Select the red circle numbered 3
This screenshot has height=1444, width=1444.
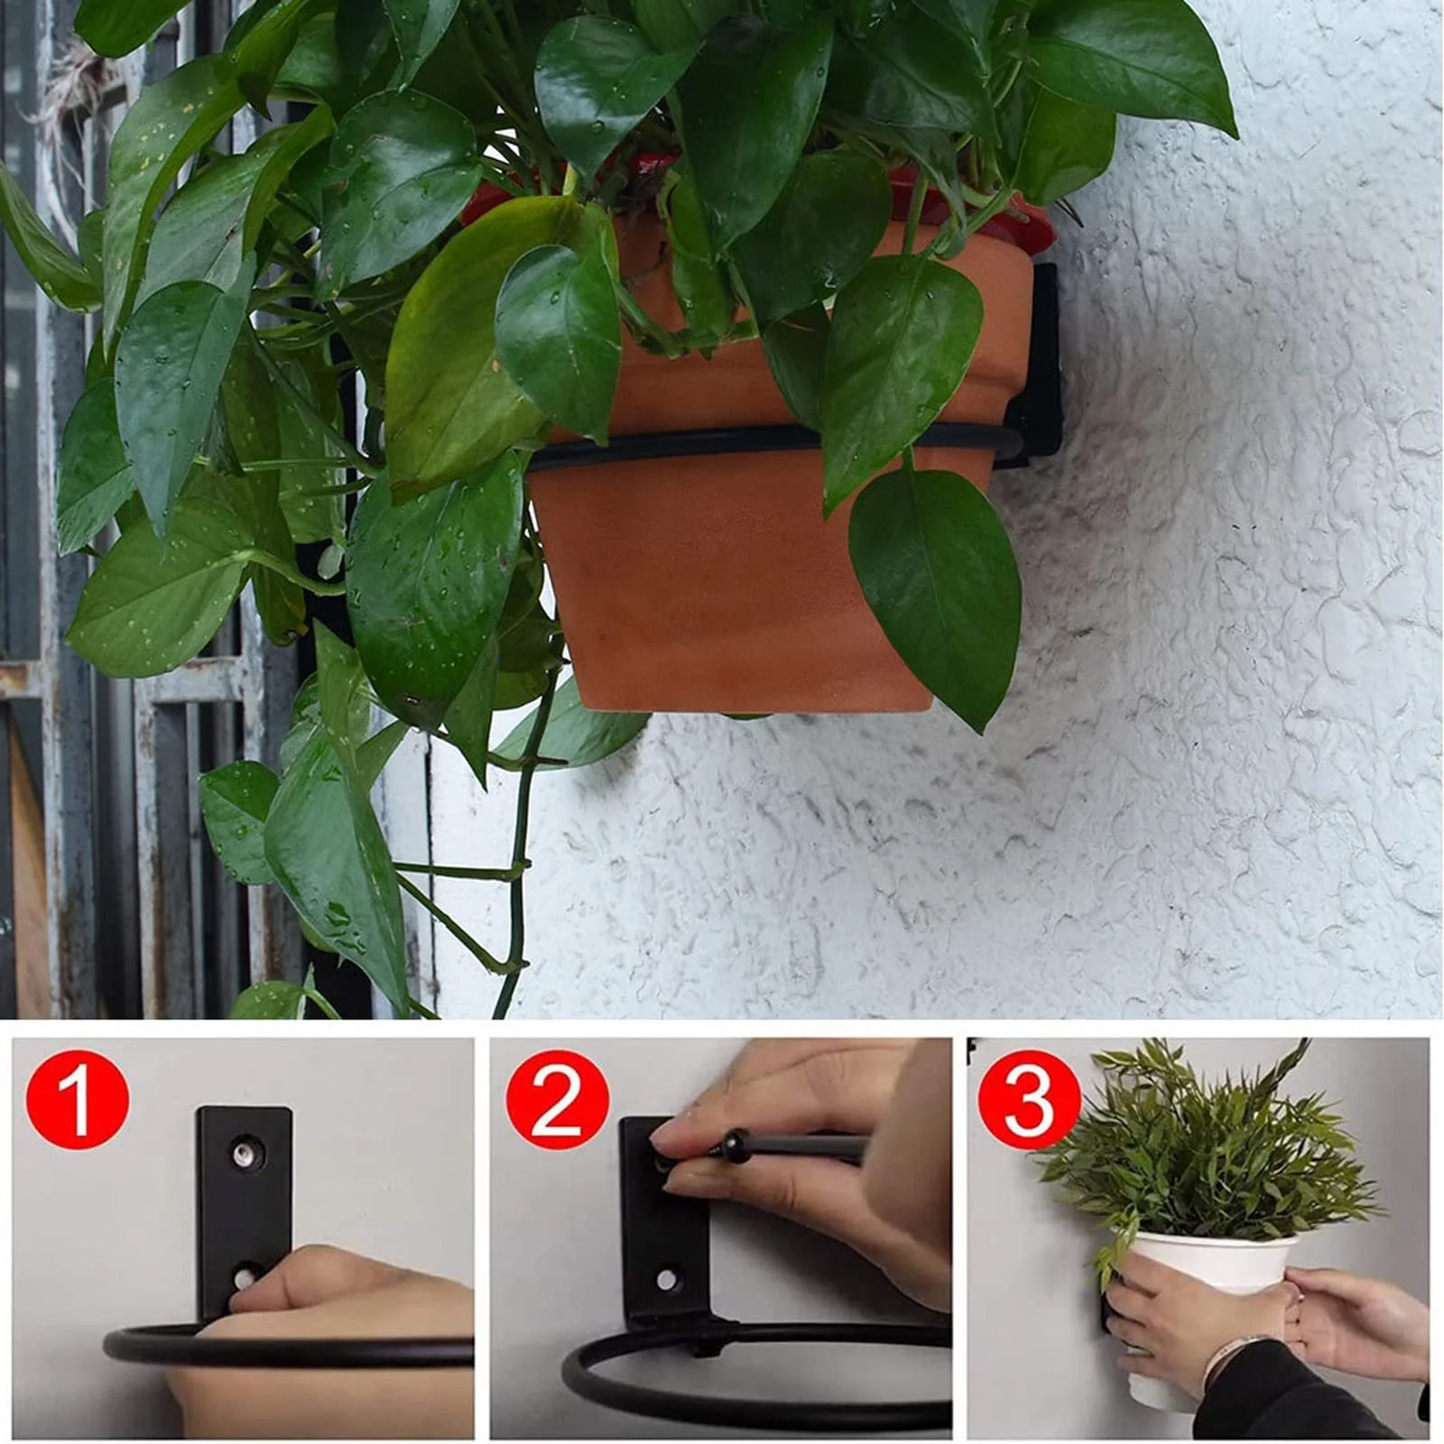click(x=1030, y=1105)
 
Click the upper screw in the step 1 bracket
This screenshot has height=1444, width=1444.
click(x=243, y=1152)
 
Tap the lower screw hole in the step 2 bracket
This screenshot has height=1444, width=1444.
click(x=666, y=1279)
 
